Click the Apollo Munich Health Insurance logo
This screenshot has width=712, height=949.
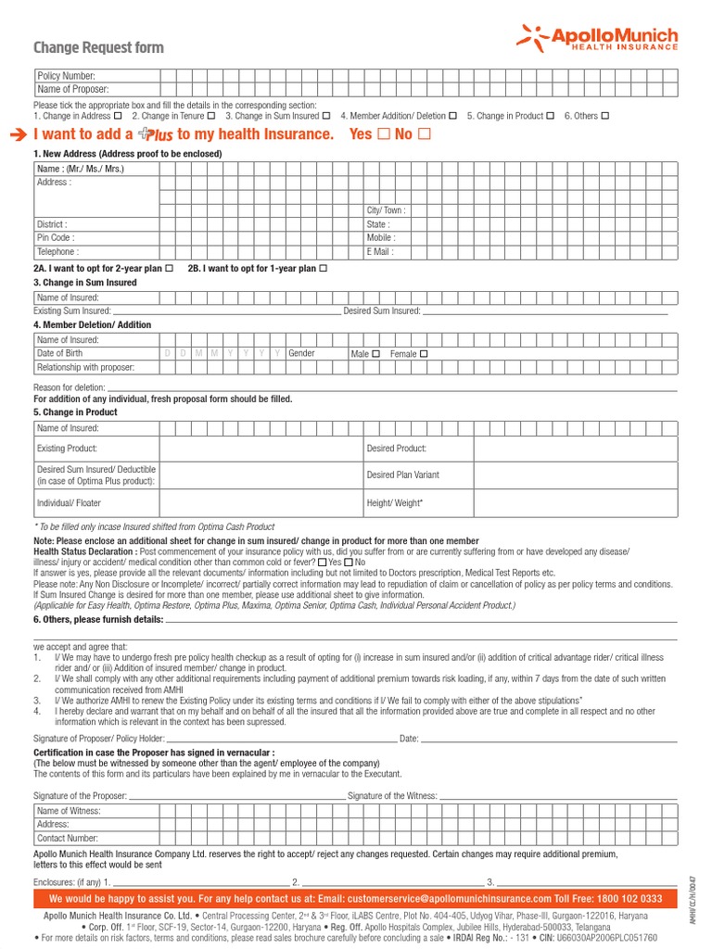[x=597, y=38]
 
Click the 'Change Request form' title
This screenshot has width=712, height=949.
[x=98, y=47]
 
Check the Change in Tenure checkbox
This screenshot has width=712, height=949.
[x=211, y=116]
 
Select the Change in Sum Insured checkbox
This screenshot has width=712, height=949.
[x=326, y=116]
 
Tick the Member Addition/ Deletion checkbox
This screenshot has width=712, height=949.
[x=452, y=116]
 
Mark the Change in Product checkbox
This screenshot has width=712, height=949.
[x=551, y=116]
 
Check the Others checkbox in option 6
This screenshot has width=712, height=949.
[x=605, y=116]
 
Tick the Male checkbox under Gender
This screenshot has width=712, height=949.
[x=375, y=354]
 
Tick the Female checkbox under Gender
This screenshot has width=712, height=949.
[x=424, y=354]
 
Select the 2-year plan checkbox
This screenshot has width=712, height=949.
[x=169, y=268]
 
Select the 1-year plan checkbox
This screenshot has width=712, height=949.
[x=323, y=268]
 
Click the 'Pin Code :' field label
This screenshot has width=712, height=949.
[x=55, y=238]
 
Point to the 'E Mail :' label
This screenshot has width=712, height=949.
[x=380, y=251]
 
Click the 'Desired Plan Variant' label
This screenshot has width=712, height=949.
[x=402, y=474]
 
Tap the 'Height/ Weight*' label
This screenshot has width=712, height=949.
[x=395, y=502]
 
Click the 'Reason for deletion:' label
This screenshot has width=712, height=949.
[x=70, y=387]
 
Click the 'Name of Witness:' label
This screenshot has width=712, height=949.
[x=69, y=811]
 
